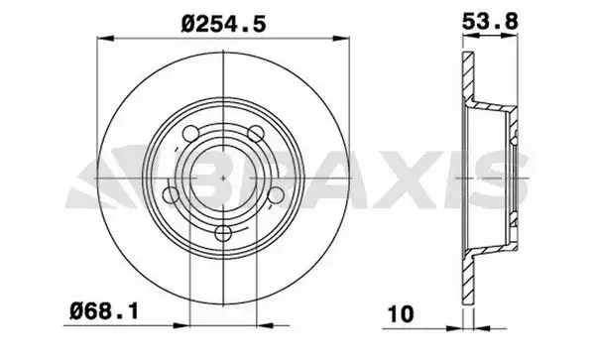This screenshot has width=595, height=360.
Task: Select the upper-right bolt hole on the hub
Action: coord(254,132)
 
